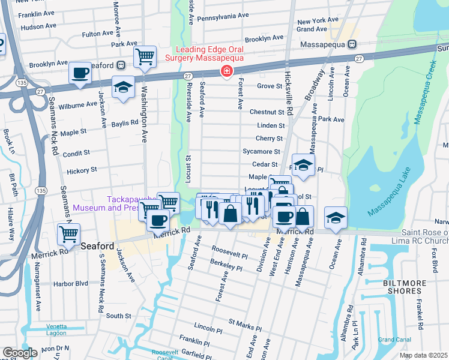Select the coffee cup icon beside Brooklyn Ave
point(80,74)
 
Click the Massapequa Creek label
point(424,91)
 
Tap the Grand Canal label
point(394,340)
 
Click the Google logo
point(20,353)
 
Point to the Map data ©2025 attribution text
point(423,355)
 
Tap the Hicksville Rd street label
point(289,103)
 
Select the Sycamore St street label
point(261,152)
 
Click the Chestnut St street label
point(267,112)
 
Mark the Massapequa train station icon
point(352,44)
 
